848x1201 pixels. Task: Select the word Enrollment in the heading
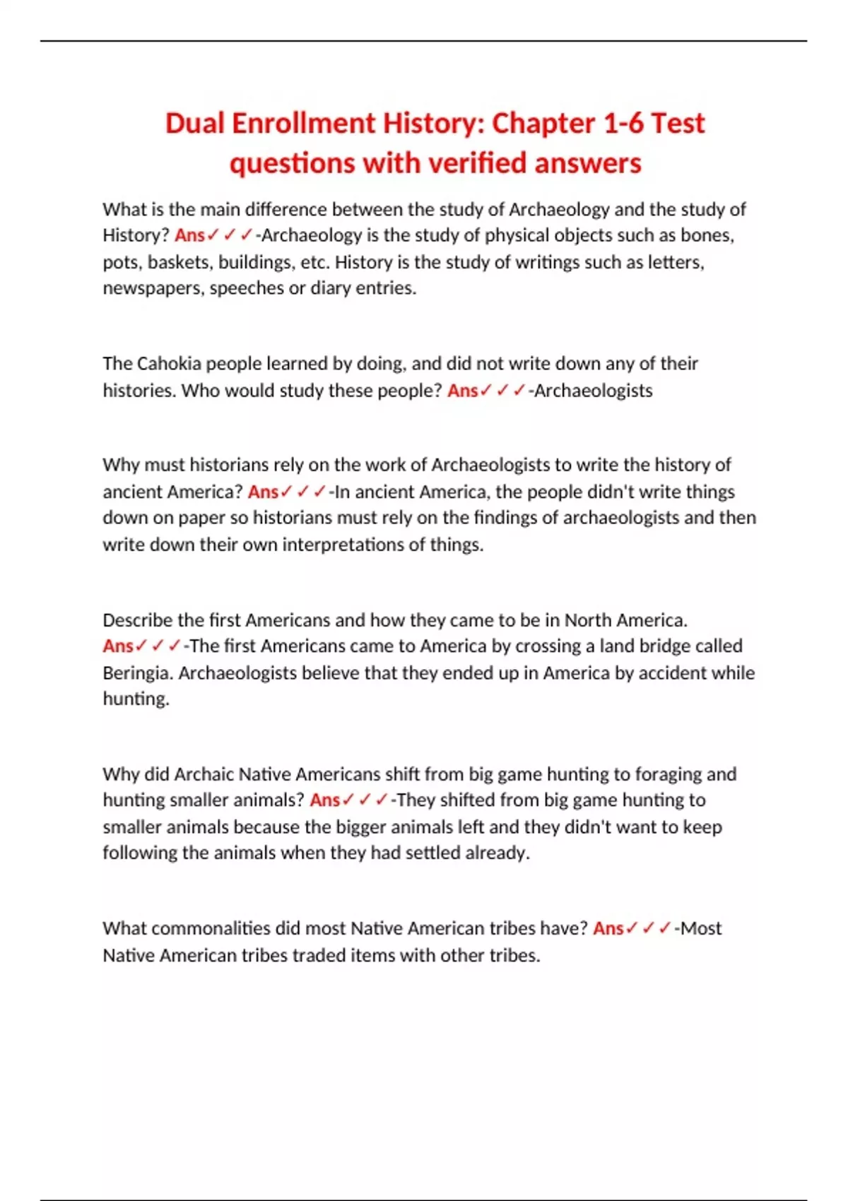[x=304, y=124]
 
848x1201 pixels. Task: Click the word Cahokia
[x=168, y=364]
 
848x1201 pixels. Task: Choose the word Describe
[x=137, y=620]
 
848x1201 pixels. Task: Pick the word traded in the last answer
[x=317, y=956]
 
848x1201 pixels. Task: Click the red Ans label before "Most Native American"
[x=608, y=928]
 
